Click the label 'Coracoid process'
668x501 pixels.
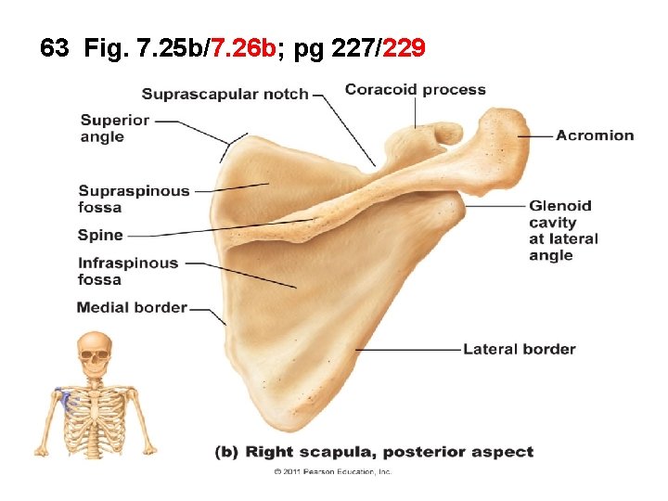click(415, 90)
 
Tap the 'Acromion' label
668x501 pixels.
click(595, 135)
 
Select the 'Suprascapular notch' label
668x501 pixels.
click(225, 94)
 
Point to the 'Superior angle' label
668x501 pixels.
click(114, 128)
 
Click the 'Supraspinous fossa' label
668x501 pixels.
click(134, 199)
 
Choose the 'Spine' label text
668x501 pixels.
click(100, 236)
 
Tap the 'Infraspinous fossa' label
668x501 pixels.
click(128, 271)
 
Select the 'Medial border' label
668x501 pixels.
click(132, 307)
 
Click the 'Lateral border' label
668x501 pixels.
click(519, 350)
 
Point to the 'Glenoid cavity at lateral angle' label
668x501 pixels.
click(563, 230)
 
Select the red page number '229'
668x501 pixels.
click(404, 48)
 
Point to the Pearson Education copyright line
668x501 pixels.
click(333, 471)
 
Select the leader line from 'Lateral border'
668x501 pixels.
click(408, 350)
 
